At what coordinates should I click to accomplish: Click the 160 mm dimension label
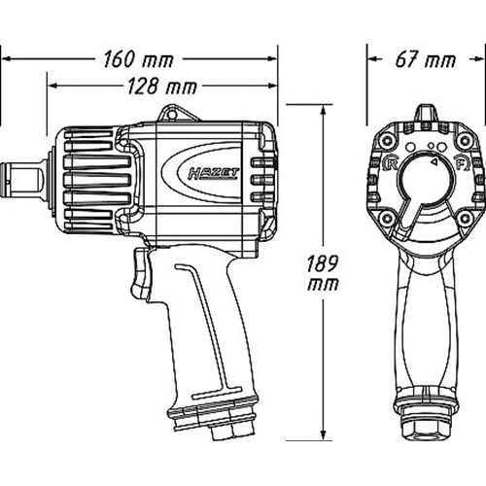(139, 59)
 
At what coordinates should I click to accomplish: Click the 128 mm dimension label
(162, 87)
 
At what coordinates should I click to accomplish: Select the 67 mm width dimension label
(426, 59)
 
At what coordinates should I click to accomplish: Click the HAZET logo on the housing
(214, 174)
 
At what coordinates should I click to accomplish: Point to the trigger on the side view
(140, 272)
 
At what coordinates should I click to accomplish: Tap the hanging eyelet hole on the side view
(171, 114)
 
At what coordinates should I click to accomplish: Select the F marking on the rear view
(462, 163)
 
